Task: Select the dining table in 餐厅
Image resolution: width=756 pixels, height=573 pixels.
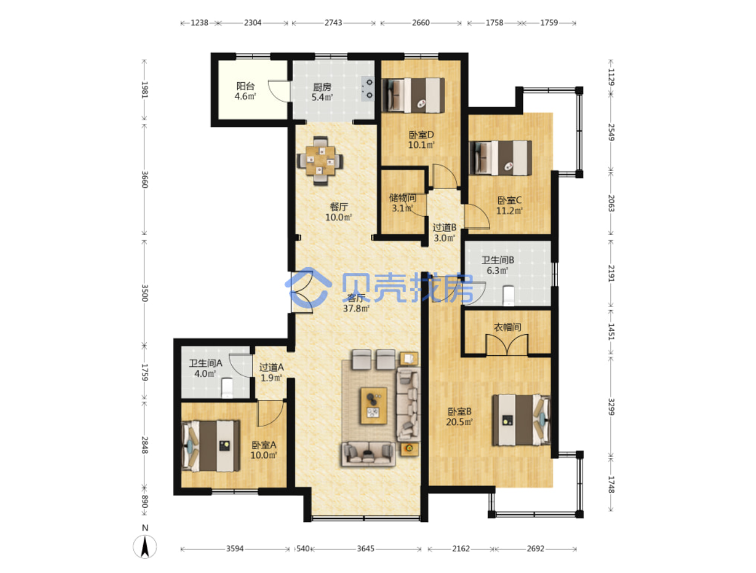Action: [x=320, y=161]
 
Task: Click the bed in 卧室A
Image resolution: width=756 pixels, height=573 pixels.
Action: [x=211, y=446]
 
